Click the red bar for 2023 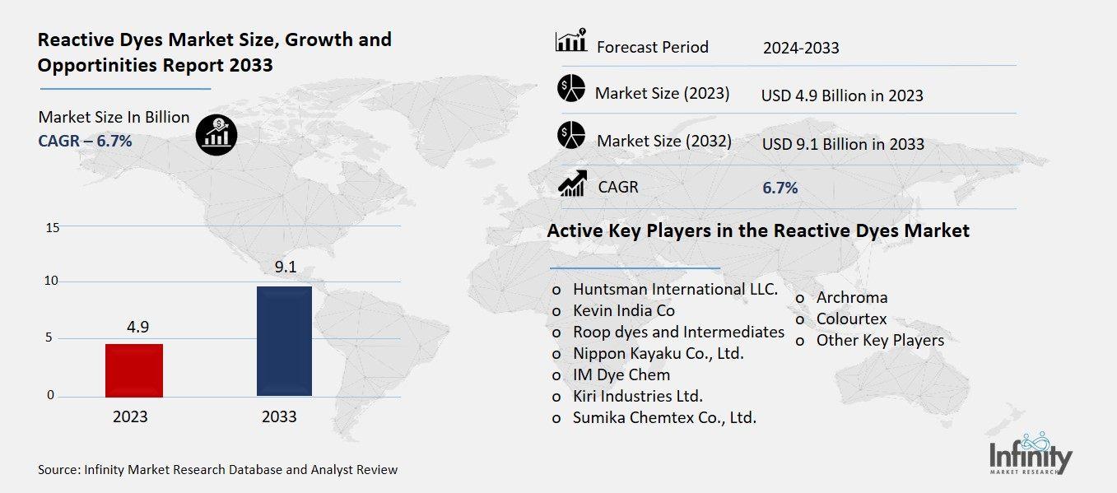(134, 370)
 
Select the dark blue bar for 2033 (284, 341)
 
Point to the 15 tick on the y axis (52, 227)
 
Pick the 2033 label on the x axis (279, 416)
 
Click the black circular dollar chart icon (216, 133)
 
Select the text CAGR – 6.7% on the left (85, 141)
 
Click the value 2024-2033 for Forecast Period (800, 48)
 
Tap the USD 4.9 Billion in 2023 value (842, 95)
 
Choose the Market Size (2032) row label (663, 141)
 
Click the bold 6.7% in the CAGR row (780, 188)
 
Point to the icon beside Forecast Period (571, 40)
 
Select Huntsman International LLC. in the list (675, 290)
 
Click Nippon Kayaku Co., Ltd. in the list (658, 353)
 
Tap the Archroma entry (851, 297)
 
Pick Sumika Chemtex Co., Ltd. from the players (664, 417)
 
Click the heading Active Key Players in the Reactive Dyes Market (757, 230)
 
